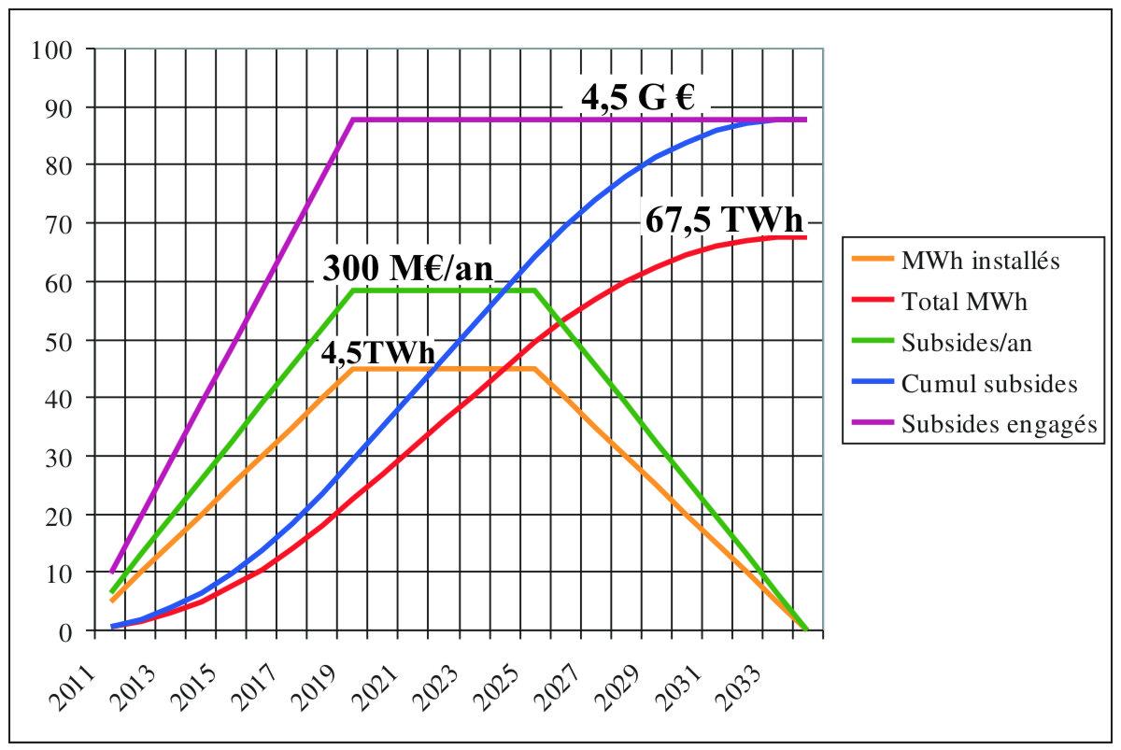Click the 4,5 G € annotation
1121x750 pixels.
(639, 97)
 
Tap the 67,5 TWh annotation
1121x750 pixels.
(723, 221)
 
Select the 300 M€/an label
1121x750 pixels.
(407, 269)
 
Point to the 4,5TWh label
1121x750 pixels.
(377, 354)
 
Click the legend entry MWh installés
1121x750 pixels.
(981, 261)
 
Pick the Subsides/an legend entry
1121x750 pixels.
(967, 343)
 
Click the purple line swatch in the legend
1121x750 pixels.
(872, 424)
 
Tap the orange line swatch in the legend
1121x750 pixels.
(872, 261)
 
